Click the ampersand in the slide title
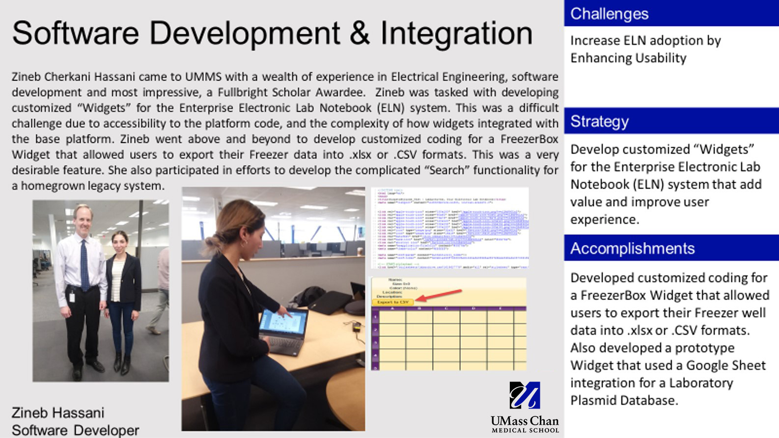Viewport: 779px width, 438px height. [x=360, y=33]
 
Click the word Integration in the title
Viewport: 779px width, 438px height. [x=456, y=33]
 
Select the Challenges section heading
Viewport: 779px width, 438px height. [x=609, y=14]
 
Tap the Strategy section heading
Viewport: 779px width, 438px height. [x=599, y=121]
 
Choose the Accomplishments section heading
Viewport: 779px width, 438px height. [x=632, y=248]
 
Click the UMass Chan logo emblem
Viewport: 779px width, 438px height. [x=525, y=396]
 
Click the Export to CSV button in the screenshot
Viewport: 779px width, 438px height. [x=392, y=302]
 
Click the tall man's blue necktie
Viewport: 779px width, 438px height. [x=84, y=266]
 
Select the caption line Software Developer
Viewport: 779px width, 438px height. [x=75, y=430]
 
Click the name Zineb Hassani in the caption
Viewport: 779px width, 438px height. [x=58, y=412]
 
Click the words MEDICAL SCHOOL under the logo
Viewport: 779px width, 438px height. [x=525, y=430]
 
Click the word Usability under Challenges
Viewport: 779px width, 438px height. [x=660, y=58]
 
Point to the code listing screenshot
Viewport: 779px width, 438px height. [x=449, y=227]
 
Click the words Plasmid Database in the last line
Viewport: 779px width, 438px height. [x=624, y=401]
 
